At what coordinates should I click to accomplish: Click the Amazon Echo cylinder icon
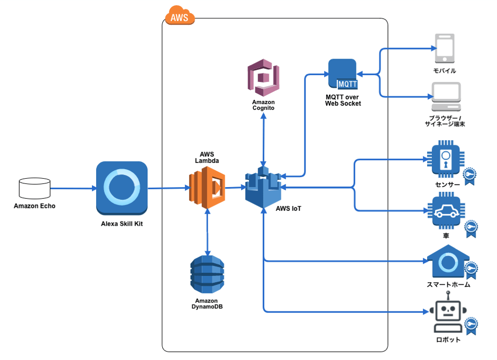[x=34, y=188]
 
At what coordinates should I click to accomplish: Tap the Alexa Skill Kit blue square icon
[x=122, y=188]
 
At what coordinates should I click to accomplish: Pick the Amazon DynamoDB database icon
[x=207, y=274]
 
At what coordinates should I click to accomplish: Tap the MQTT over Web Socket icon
[x=343, y=73]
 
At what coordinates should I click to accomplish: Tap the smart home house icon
[x=446, y=262]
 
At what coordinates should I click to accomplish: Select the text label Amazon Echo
[x=34, y=206]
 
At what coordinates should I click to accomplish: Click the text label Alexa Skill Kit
[x=122, y=224]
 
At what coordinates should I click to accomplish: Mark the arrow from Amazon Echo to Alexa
[x=73, y=188]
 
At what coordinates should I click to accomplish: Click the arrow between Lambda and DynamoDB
[x=207, y=231]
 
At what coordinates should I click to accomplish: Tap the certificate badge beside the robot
[x=471, y=324]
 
